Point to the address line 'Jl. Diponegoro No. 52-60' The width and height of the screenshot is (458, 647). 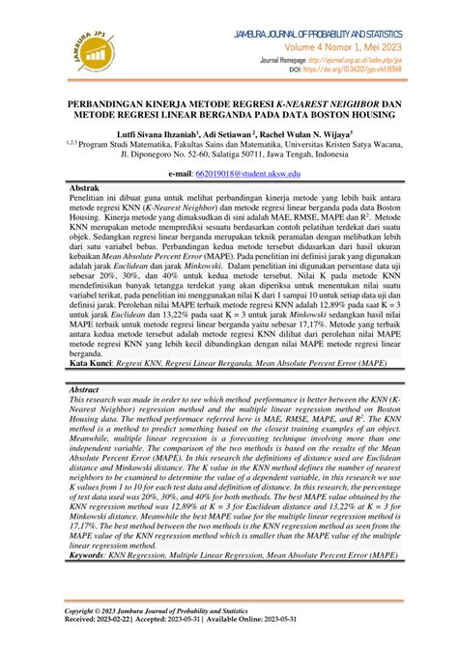pos(174,159)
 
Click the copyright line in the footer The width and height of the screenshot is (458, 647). pos(170,611)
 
